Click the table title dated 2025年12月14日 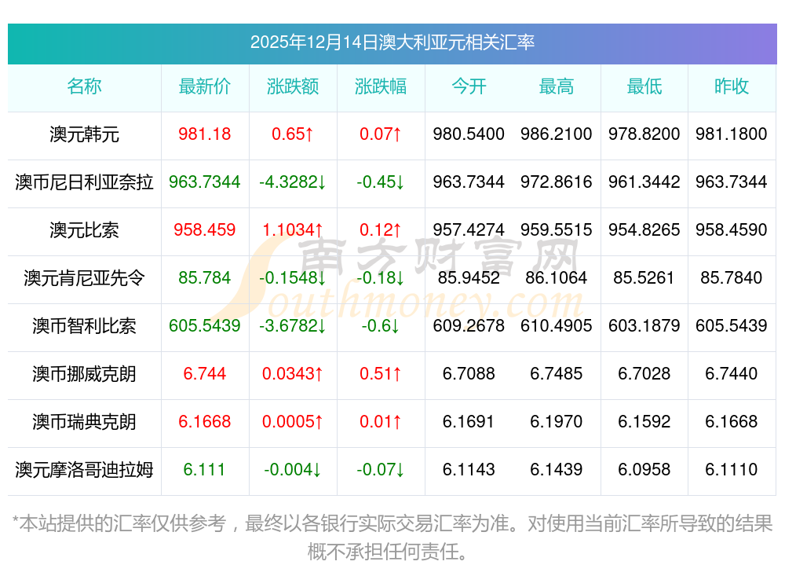pyautogui.click(x=392, y=42)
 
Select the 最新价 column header pyautogui.click(x=205, y=87)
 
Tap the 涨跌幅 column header pyautogui.click(x=381, y=87)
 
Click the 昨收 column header pyautogui.click(x=732, y=87)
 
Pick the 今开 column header pyautogui.click(x=469, y=87)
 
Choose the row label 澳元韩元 pyautogui.click(x=84, y=134)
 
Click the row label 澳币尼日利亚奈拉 pyautogui.click(x=84, y=182)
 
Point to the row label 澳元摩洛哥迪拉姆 pyautogui.click(x=84, y=470)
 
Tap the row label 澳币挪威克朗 pyautogui.click(x=84, y=374)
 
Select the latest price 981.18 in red pyautogui.click(x=205, y=134)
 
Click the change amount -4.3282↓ pyautogui.click(x=293, y=182)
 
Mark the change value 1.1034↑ pyautogui.click(x=293, y=230)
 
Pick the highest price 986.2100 pyautogui.click(x=557, y=134)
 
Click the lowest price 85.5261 pyautogui.click(x=644, y=278)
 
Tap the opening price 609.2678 pyautogui.click(x=469, y=326)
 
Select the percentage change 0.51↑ pyautogui.click(x=381, y=374)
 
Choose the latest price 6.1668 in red pyautogui.click(x=205, y=422)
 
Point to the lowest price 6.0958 pyautogui.click(x=644, y=470)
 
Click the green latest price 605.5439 pyautogui.click(x=205, y=326)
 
